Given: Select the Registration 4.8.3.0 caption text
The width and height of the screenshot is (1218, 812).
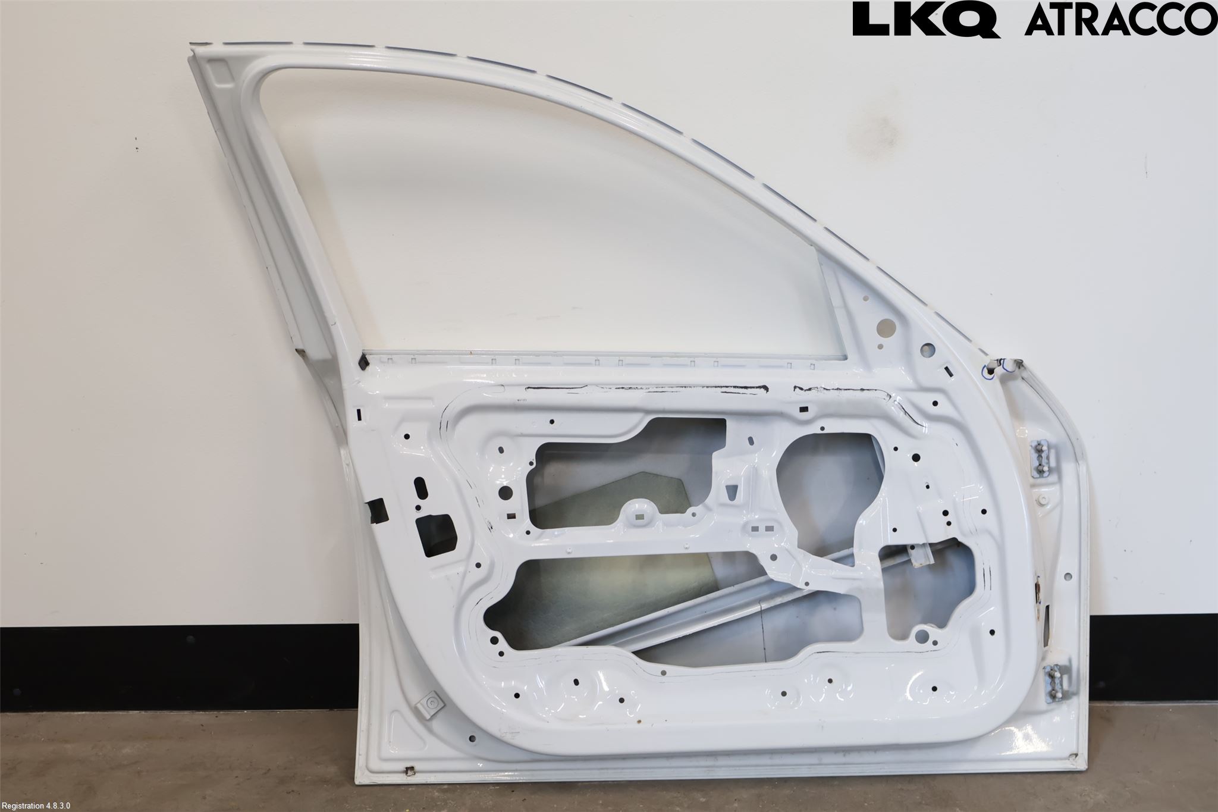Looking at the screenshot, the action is pos(36,805).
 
